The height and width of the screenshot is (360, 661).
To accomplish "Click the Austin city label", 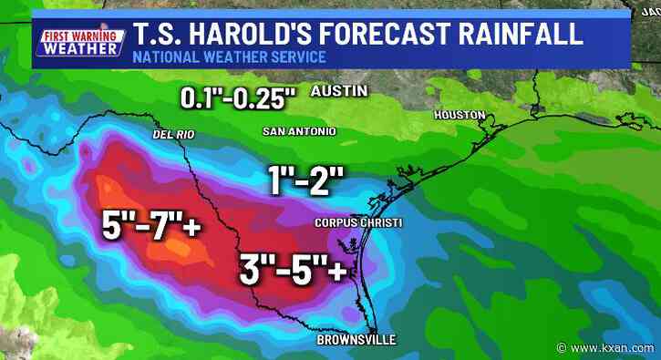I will point(339,91).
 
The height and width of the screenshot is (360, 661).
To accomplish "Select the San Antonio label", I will point(299,131).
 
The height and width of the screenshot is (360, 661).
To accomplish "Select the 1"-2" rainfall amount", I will point(305,179).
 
